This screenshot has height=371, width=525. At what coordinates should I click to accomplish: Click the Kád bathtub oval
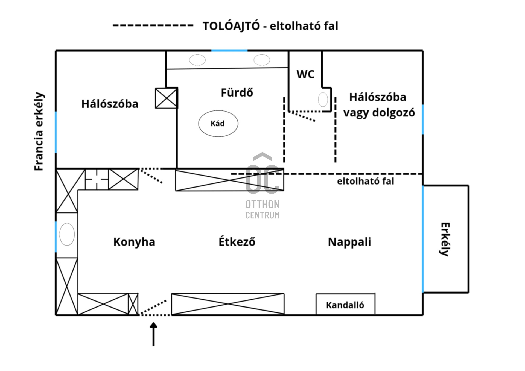(x=218, y=124)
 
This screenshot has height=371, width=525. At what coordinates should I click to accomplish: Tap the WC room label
(x=305, y=74)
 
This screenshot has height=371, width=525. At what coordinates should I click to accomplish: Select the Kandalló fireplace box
(x=345, y=305)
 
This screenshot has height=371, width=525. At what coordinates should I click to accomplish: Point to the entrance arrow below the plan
(x=154, y=334)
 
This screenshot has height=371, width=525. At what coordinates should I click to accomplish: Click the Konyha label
(x=134, y=242)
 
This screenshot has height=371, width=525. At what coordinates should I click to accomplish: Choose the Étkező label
(x=237, y=242)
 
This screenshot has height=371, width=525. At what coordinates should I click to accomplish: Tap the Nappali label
(x=349, y=242)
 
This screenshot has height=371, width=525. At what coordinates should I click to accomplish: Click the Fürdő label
(x=237, y=93)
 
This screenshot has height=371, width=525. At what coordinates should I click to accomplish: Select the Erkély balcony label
(x=445, y=239)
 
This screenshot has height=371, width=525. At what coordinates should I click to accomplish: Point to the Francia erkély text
(x=39, y=132)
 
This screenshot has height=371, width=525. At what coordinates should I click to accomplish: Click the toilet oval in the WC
(x=323, y=100)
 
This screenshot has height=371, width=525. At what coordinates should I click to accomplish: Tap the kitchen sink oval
(x=67, y=234)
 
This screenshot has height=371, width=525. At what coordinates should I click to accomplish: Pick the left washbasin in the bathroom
(x=197, y=60)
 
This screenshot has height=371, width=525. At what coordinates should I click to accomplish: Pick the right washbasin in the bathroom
(x=262, y=60)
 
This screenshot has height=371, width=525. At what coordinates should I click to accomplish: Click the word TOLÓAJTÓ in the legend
(x=231, y=26)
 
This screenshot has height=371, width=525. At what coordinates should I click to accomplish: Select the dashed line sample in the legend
(x=153, y=25)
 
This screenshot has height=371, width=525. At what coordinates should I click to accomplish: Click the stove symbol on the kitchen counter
(x=97, y=179)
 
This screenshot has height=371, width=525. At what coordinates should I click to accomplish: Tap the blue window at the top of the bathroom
(x=229, y=51)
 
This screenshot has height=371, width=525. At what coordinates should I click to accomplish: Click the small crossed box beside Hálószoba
(x=166, y=98)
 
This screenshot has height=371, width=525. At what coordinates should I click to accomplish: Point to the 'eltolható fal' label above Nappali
(x=365, y=181)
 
